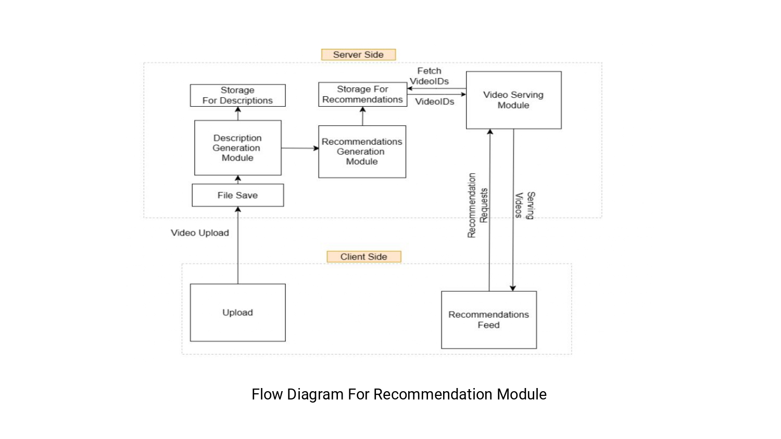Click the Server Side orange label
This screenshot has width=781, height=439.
358,55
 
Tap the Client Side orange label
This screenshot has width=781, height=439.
363,256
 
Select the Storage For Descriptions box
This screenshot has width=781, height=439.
237,95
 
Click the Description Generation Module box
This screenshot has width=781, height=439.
237,148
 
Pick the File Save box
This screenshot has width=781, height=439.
237,195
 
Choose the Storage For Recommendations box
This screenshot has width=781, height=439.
362,94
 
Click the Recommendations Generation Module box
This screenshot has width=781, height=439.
362,151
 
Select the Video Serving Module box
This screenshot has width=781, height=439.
513,100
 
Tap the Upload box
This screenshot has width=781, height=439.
237,312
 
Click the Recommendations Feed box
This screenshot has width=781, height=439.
488,319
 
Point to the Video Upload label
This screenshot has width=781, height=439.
200,233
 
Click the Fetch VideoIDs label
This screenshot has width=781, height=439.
429,76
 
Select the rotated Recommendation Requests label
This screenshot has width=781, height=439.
477,205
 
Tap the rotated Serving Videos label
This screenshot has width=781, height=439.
524,205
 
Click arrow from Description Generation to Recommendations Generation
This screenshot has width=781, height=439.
299,148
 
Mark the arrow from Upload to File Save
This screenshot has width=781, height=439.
238,244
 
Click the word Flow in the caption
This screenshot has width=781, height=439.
267,394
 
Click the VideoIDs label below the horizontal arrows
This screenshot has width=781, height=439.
434,102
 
